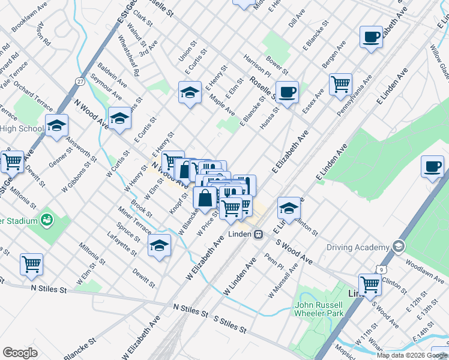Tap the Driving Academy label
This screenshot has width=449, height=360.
358,247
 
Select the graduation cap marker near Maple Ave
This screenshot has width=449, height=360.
190,92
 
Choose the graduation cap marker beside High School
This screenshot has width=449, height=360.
56,125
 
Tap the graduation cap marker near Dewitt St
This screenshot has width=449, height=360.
159,245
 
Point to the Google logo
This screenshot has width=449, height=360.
20,353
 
